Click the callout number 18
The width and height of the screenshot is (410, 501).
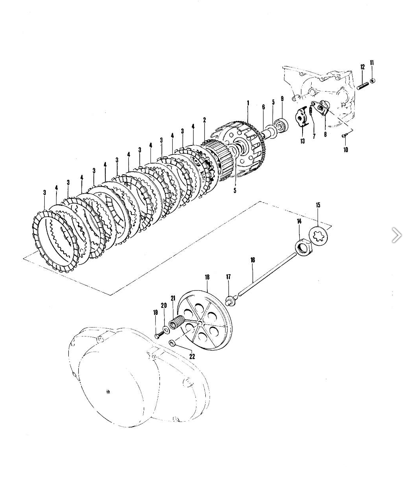207,277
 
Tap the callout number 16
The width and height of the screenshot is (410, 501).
253,260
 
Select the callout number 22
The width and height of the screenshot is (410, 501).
192,356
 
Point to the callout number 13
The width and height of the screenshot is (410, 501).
302,141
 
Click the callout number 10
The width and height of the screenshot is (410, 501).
346,150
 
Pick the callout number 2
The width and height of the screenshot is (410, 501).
205,120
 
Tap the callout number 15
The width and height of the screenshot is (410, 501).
318,205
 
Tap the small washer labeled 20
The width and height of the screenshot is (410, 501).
165,329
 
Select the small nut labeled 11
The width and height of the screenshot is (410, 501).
372,81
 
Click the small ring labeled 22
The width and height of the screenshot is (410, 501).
172,343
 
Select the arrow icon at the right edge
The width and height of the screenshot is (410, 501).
397,235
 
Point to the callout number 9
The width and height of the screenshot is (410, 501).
282,99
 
